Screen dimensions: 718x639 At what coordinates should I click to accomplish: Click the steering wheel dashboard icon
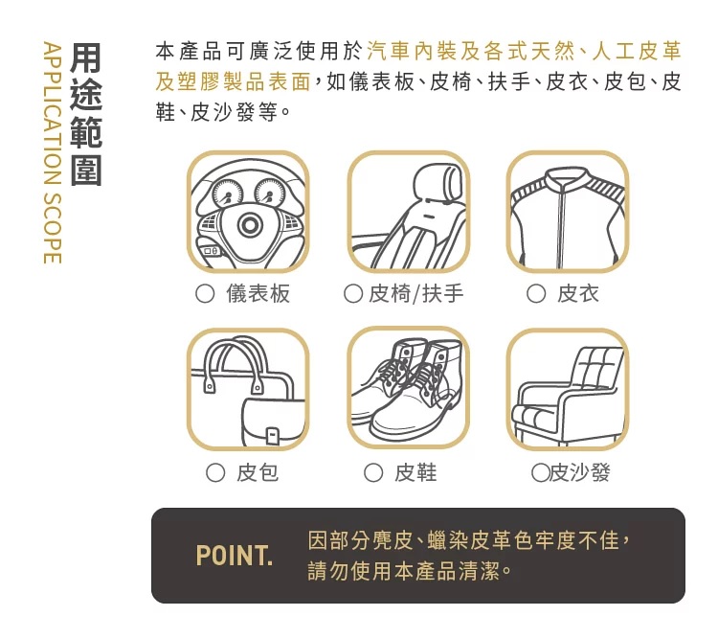(248, 212)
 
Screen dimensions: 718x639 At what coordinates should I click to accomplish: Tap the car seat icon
(408, 212)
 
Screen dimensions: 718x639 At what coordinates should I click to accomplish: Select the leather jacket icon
(568, 212)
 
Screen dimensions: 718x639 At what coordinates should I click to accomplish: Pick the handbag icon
(248, 389)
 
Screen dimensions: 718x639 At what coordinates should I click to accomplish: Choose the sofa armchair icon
(568, 389)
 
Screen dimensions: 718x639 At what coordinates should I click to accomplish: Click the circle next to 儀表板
(205, 294)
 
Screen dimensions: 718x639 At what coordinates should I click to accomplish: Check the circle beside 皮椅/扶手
(353, 294)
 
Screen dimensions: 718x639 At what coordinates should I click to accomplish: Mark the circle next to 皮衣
(536, 294)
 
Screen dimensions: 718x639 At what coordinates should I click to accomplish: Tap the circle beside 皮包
(215, 472)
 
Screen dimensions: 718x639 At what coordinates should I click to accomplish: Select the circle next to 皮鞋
(373, 472)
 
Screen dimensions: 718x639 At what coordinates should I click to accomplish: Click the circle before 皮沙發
(540, 472)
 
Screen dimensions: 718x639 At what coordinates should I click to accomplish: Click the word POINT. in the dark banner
(234, 556)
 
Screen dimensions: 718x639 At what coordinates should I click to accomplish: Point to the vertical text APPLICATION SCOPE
(53, 152)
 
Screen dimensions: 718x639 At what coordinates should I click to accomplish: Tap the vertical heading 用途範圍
(86, 114)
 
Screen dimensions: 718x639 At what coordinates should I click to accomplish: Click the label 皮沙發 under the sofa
(580, 472)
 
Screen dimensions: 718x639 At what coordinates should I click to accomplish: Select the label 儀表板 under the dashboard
(258, 294)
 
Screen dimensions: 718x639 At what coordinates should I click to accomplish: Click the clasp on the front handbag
(273, 435)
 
